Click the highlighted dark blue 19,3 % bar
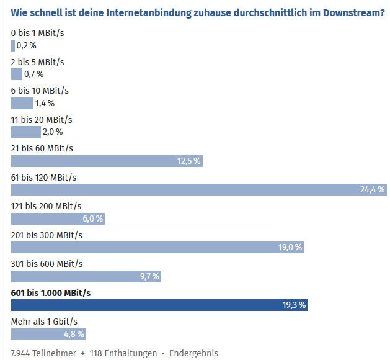[x=159, y=305]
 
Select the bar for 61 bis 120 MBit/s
[x=198, y=189]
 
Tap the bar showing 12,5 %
[x=107, y=161]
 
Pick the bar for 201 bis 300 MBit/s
[x=157, y=247]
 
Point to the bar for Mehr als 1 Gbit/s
[x=47, y=333]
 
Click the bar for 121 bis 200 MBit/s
[x=58, y=218]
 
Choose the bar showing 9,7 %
[x=86, y=276]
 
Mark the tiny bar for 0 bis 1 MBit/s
[x=12, y=45]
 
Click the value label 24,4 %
[x=372, y=189]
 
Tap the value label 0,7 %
[x=33, y=74]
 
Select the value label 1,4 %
[x=45, y=103]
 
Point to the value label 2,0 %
[x=52, y=132]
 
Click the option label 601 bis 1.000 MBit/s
[x=51, y=292]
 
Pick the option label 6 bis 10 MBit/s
[x=38, y=91]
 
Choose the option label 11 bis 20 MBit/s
[x=42, y=119]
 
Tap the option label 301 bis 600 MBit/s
[x=47, y=264]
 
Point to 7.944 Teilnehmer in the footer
[x=43, y=353]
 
